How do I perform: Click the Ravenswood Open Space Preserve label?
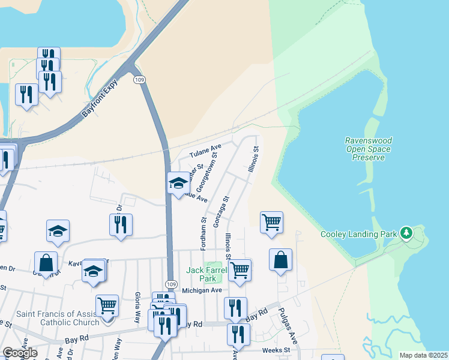pyautogui.click(x=367, y=149)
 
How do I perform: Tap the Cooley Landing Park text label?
pyautogui.click(x=359, y=234)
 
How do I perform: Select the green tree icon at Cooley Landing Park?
pyautogui.click(x=407, y=232)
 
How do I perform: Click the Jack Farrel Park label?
pyautogui.click(x=208, y=275)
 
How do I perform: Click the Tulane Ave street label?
pyautogui.click(x=206, y=150)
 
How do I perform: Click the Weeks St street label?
pyautogui.click(x=276, y=350)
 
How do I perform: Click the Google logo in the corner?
pyautogui.click(x=20, y=353)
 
